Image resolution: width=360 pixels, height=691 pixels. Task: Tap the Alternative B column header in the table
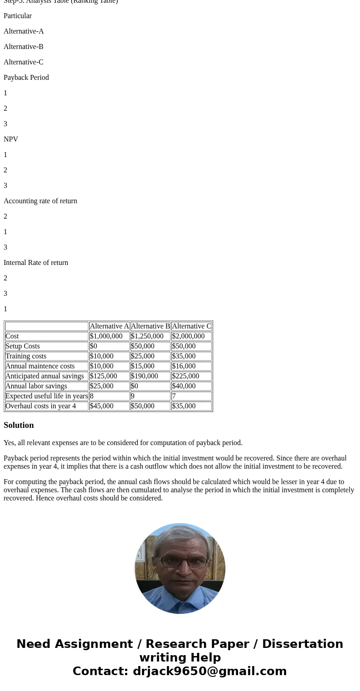pyautogui.click(x=150, y=326)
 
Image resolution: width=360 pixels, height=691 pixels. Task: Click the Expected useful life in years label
pyautogui.click(x=46, y=396)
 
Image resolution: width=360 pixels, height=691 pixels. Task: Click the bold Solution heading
pyautogui.click(x=19, y=425)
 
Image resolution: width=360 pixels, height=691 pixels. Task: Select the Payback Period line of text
pyautogui.click(x=26, y=78)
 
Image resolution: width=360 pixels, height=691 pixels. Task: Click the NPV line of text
pyautogui.click(x=11, y=139)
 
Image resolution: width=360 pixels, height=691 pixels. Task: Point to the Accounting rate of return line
pyautogui.click(x=40, y=201)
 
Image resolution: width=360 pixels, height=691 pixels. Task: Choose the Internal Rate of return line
pyautogui.click(x=36, y=263)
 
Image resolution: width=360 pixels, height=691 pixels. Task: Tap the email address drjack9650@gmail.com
pyautogui.click(x=209, y=671)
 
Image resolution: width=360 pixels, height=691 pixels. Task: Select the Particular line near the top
pyautogui.click(x=18, y=16)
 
